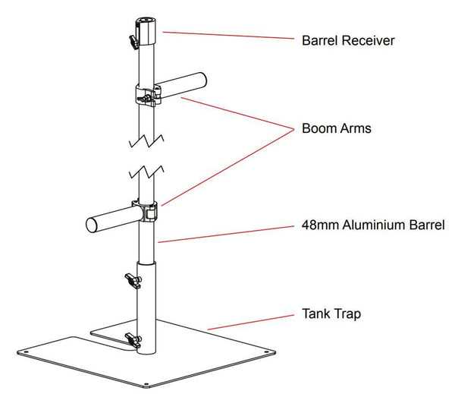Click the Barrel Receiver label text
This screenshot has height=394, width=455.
click(x=348, y=39)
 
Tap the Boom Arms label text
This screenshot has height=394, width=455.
click(x=336, y=129)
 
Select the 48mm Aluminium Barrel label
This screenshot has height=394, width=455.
click(x=372, y=226)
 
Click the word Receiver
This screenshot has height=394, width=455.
click(x=369, y=39)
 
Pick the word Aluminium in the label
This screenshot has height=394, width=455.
click(x=368, y=226)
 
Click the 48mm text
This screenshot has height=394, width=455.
click(x=317, y=226)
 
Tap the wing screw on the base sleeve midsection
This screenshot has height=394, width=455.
click(x=131, y=285)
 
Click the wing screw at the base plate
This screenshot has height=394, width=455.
click(x=132, y=341)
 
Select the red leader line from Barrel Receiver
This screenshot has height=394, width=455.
click(x=227, y=36)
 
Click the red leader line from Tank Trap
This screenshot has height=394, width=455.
click(x=250, y=320)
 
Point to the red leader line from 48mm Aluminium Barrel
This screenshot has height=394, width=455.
click(x=227, y=234)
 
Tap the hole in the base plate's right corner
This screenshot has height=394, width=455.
click(x=267, y=350)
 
